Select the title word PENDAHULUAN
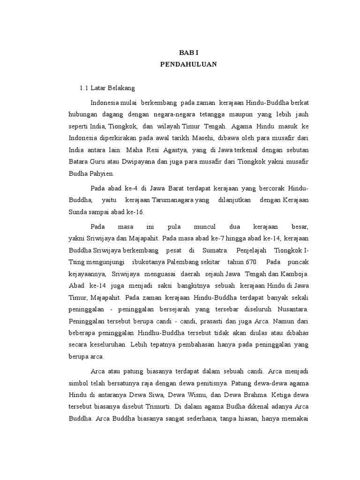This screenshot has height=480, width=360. click(x=188, y=65)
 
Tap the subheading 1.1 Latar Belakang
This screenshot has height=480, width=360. click(x=107, y=88)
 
